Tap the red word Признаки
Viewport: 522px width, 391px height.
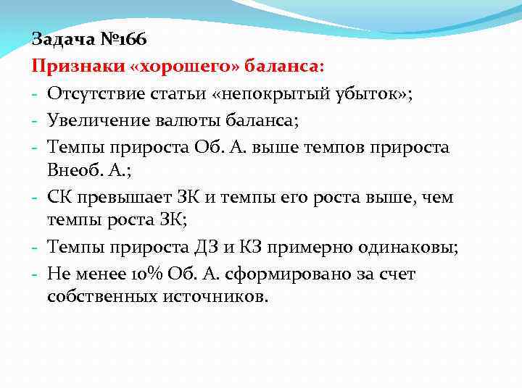(x=75, y=66)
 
